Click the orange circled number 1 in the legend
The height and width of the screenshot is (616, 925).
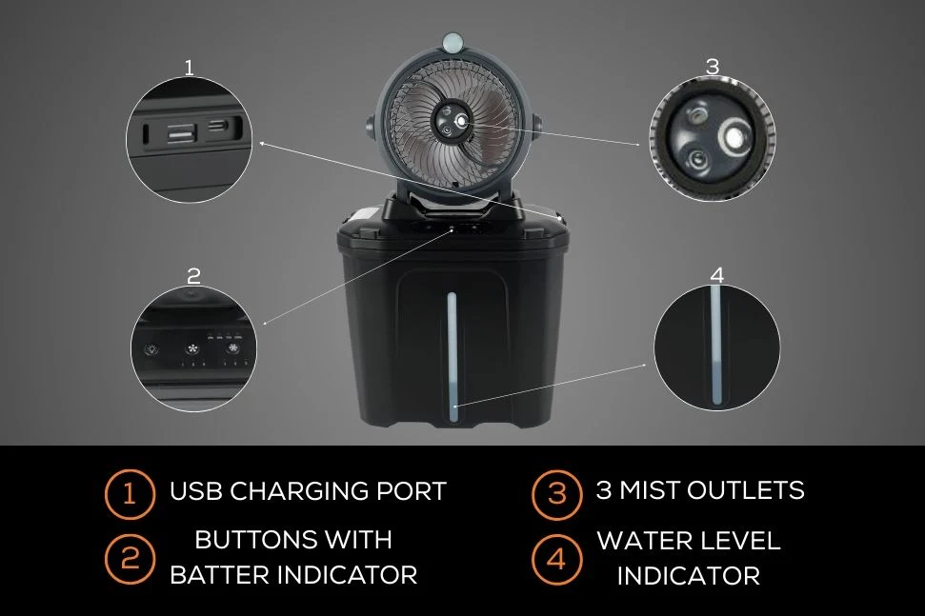point(130,493)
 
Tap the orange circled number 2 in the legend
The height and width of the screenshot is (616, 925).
point(130,558)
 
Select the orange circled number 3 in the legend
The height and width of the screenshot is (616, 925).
point(557,494)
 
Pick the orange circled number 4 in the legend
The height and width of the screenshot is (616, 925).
point(557,559)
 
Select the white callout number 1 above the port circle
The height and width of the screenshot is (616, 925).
point(189,68)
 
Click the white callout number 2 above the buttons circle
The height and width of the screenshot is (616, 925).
point(193,276)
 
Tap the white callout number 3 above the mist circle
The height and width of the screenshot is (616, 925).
point(713,67)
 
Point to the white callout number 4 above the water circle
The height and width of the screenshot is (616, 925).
point(717,275)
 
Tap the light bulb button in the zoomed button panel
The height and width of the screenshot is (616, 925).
point(152,349)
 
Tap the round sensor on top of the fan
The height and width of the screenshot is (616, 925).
point(453,42)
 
